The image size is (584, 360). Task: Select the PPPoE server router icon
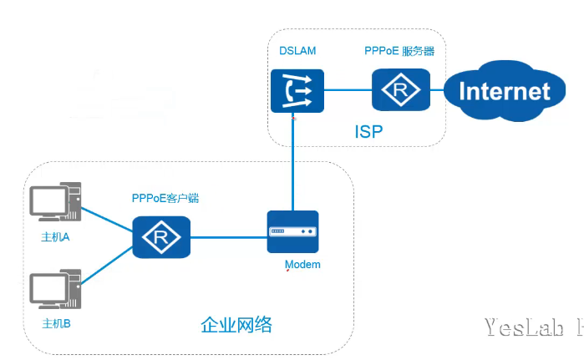point(401,89)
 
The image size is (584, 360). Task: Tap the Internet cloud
point(505,90)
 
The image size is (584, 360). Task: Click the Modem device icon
point(292,231)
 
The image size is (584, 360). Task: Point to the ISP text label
point(368,133)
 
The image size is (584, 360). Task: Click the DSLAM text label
point(297,52)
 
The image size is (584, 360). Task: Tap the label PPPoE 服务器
point(399,52)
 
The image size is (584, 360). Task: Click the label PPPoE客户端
point(165,198)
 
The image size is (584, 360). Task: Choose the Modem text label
point(302,265)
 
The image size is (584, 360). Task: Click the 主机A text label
point(55,237)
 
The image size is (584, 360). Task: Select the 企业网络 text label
point(236,325)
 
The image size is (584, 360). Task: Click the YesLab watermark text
point(531,327)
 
